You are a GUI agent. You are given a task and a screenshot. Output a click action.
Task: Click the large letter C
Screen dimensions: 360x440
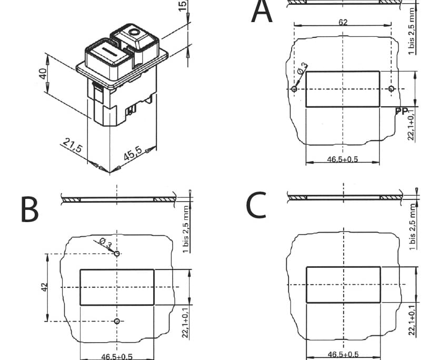[x=256, y=206]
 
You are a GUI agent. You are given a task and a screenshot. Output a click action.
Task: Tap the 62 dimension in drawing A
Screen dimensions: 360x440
[x=343, y=23]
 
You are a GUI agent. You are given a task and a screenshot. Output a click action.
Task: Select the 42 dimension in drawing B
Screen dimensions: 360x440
[x=45, y=287]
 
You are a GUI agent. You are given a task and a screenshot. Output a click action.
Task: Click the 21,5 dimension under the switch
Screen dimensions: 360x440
[x=73, y=146]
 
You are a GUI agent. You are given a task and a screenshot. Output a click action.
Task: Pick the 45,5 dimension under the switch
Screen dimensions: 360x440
[x=132, y=155]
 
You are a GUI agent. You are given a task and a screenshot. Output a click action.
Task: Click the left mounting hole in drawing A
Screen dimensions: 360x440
[x=294, y=89]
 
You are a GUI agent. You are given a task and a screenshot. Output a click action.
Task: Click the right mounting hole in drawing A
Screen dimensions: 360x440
[x=391, y=89]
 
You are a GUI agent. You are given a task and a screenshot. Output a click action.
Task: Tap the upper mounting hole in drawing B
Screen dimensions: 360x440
[x=117, y=254]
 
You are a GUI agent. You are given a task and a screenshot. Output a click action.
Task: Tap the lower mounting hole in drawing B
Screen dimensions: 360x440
[x=117, y=321]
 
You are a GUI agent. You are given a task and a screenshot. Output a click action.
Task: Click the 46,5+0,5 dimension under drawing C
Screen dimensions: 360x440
[x=343, y=354]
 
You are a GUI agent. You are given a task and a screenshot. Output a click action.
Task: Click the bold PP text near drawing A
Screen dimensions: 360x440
[x=402, y=111]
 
